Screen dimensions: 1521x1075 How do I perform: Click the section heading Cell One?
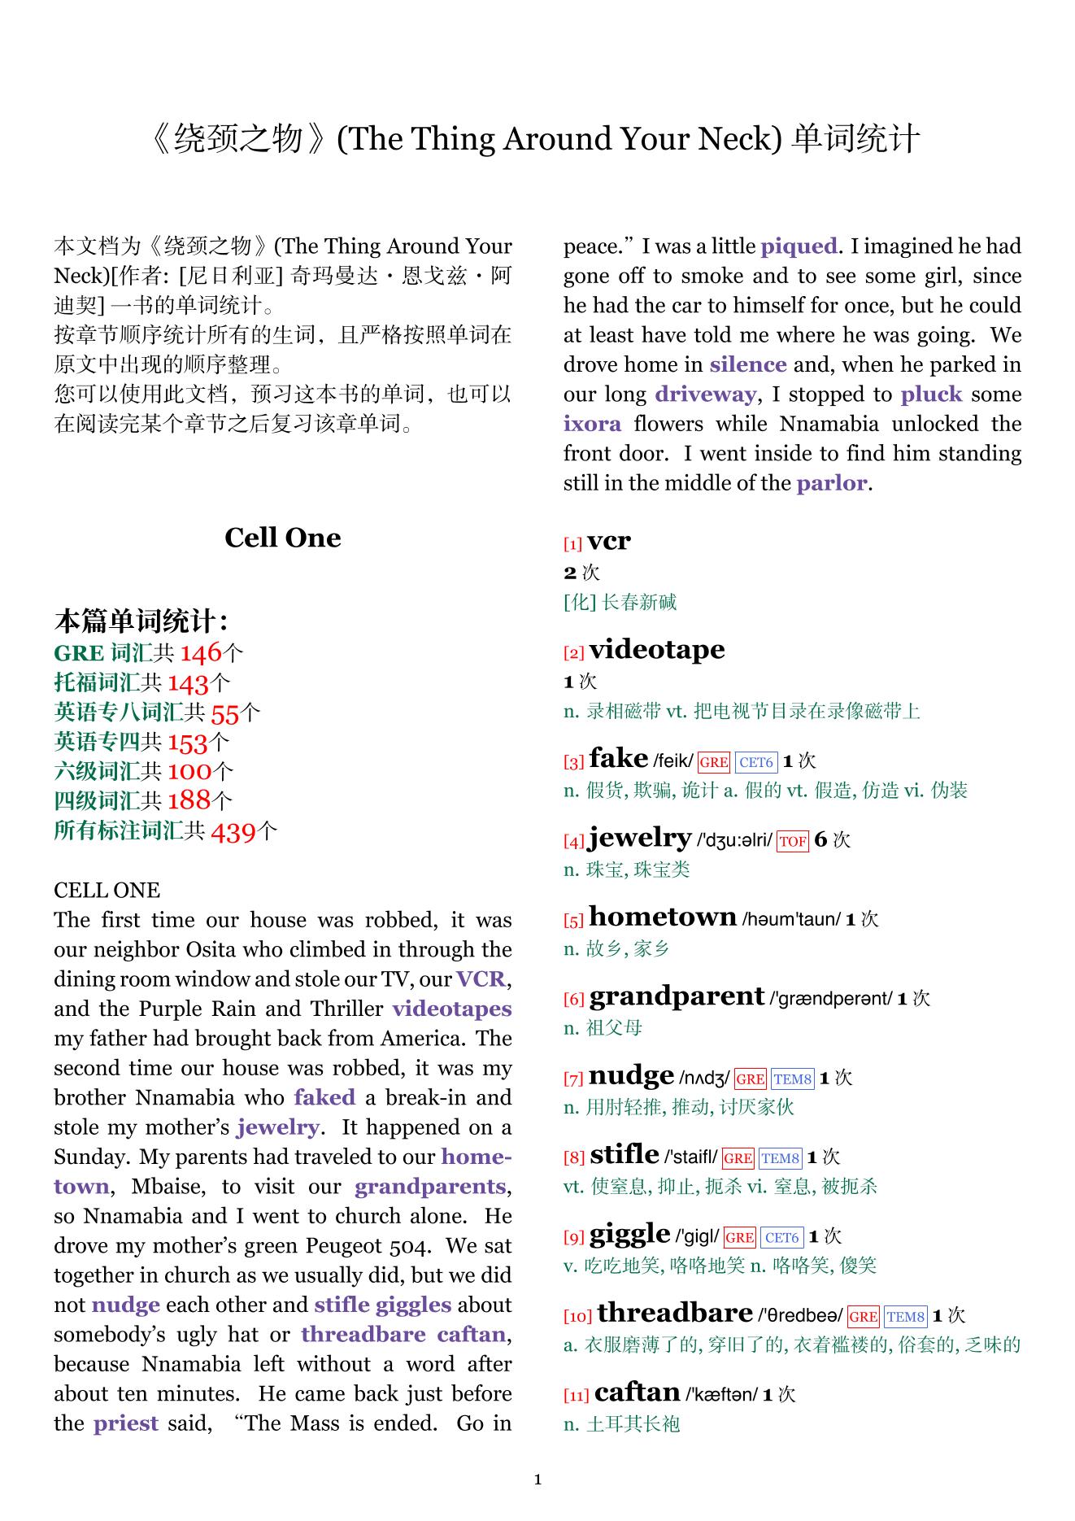tap(282, 538)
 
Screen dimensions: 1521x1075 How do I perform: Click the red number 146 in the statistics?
tap(200, 652)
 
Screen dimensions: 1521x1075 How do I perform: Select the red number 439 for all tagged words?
tap(233, 831)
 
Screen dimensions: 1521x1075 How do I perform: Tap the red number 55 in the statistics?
tap(224, 713)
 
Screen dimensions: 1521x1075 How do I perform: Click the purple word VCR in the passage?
tap(481, 978)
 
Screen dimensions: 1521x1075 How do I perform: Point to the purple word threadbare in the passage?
tap(363, 1334)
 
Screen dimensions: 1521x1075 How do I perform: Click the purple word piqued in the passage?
tap(799, 246)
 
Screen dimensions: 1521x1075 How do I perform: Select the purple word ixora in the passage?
tap(592, 424)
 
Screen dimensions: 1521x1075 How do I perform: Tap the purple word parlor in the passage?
tap(832, 483)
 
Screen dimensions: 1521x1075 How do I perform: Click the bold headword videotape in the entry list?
tap(656, 649)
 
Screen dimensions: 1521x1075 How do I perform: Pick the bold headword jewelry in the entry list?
tap(640, 837)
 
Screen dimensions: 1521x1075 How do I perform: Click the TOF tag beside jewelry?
tap(792, 842)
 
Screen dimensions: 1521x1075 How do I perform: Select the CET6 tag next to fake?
tap(756, 762)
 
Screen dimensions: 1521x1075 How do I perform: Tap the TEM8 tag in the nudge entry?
tap(792, 1079)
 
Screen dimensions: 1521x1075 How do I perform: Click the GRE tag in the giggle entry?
tap(739, 1238)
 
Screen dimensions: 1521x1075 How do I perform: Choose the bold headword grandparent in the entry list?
tap(677, 996)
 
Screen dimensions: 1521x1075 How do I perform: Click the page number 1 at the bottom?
tap(537, 1480)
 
